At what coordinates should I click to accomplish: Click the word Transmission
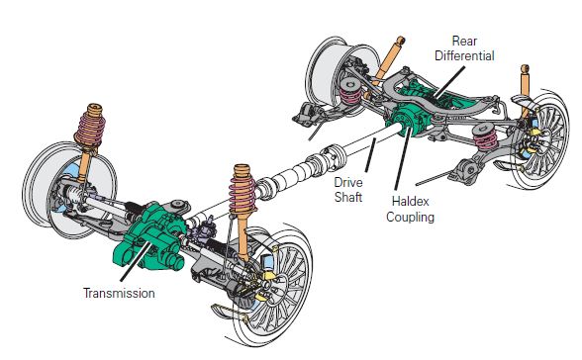119,293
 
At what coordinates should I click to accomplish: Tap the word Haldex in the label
410,202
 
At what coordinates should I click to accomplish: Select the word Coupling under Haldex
410,217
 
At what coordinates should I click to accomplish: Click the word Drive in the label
348,182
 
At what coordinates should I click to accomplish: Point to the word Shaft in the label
348,197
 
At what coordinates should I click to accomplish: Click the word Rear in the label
464,41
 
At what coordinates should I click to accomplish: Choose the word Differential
464,56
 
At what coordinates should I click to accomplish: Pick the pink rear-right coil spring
485,137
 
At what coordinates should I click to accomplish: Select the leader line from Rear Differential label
449,83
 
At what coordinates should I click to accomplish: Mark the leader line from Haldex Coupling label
403,159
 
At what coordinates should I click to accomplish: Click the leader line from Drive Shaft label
371,155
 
